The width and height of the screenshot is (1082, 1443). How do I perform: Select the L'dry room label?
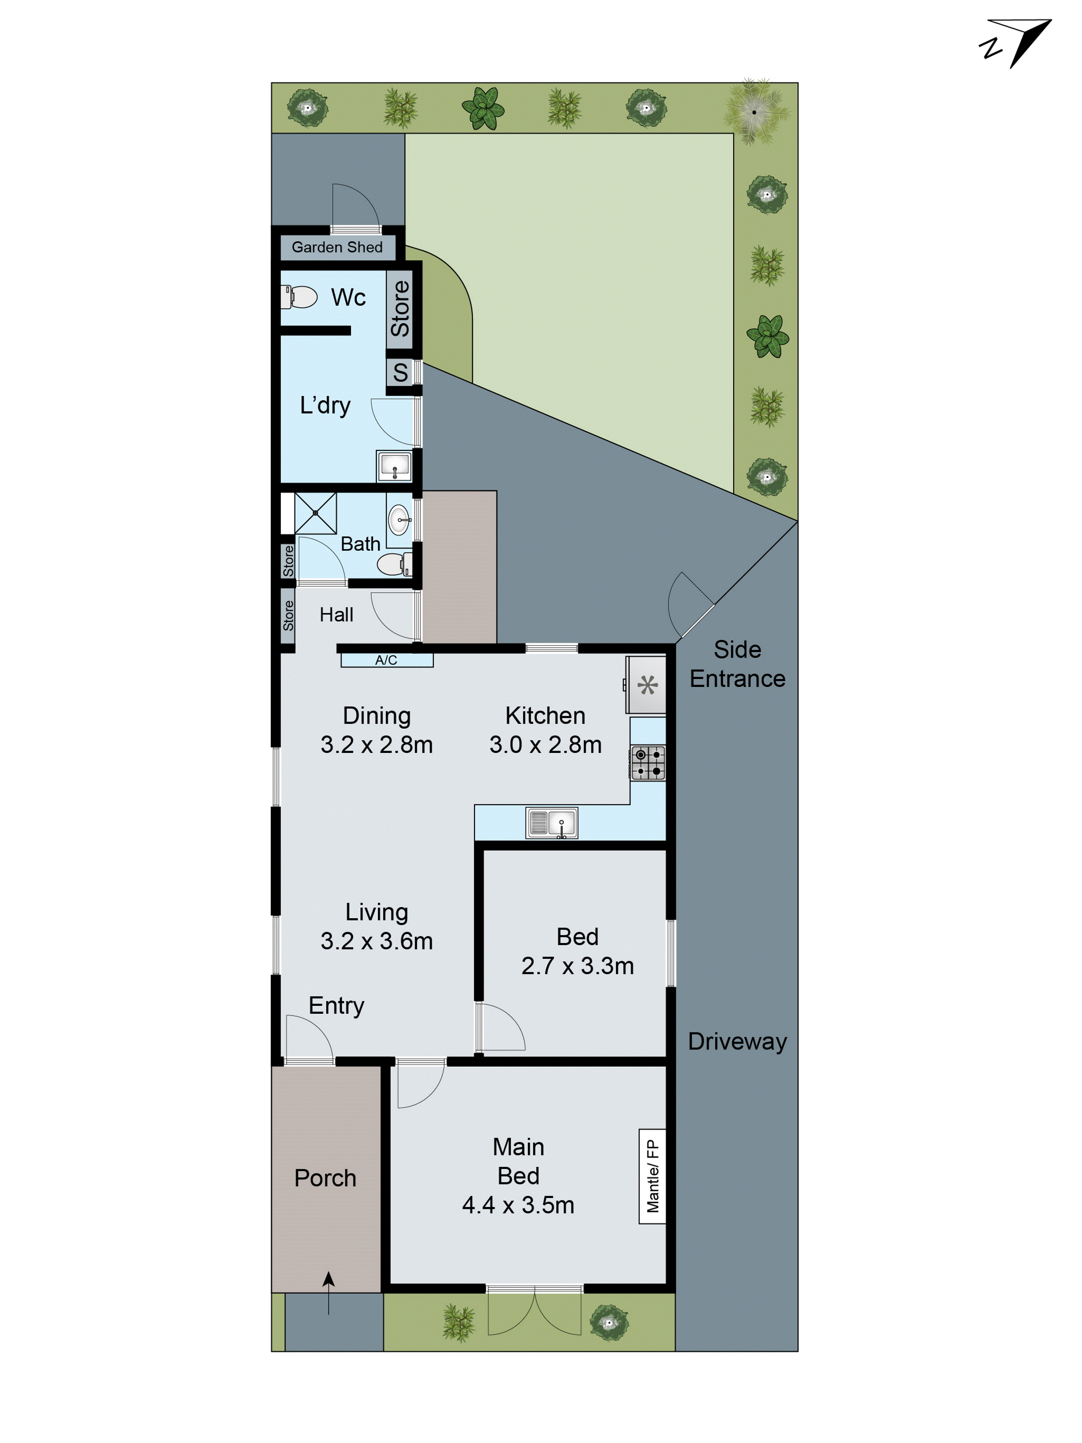[x=325, y=405]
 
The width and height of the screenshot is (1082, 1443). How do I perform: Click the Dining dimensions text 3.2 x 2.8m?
[x=376, y=744]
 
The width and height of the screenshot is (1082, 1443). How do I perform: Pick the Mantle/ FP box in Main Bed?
[x=652, y=1176]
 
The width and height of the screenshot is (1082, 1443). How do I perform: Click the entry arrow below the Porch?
[x=329, y=1293]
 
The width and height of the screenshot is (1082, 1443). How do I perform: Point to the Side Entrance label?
[x=737, y=664]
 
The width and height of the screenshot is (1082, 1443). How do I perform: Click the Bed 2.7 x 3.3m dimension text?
[x=577, y=965]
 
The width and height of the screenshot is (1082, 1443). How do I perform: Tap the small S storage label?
[x=400, y=373]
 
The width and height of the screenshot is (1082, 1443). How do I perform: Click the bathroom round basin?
[x=399, y=520]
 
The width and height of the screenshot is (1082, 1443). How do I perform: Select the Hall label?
[x=336, y=614]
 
